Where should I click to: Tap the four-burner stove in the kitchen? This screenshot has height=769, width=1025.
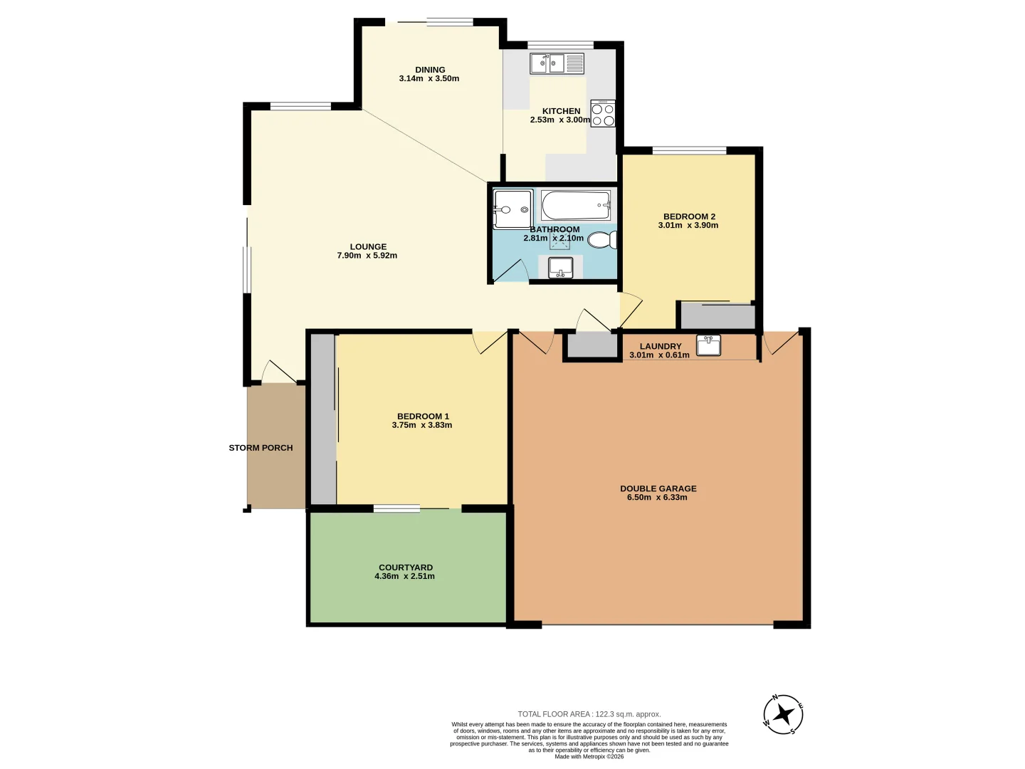[x=602, y=113]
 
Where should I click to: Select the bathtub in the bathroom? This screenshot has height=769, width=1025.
[x=576, y=205]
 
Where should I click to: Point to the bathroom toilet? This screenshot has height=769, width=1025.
[x=602, y=240]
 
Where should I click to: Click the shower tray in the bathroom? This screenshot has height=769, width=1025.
[x=512, y=209]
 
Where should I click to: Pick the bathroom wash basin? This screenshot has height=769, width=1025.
[x=560, y=268]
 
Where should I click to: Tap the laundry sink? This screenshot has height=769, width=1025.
[x=708, y=345]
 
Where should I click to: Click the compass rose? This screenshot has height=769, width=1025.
[x=783, y=714]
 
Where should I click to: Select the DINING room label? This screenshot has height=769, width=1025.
[x=430, y=70]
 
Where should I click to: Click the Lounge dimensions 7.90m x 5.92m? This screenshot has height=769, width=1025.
[x=367, y=256]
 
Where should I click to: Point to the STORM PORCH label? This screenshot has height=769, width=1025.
[x=261, y=448]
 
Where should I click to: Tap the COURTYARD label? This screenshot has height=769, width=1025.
[x=405, y=567]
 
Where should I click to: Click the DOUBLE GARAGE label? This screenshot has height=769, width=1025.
[x=658, y=488]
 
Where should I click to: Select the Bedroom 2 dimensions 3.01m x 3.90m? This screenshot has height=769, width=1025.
[x=688, y=225]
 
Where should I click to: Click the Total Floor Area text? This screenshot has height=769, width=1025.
[x=589, y=714]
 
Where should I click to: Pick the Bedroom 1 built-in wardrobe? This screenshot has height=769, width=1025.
[x=323, y=419]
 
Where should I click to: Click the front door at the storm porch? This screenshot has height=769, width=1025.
[x=279, y=372]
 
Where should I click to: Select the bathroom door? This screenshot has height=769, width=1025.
[x=510, y=271]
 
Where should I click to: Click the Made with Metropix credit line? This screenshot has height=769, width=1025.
[x=589, y=756]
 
